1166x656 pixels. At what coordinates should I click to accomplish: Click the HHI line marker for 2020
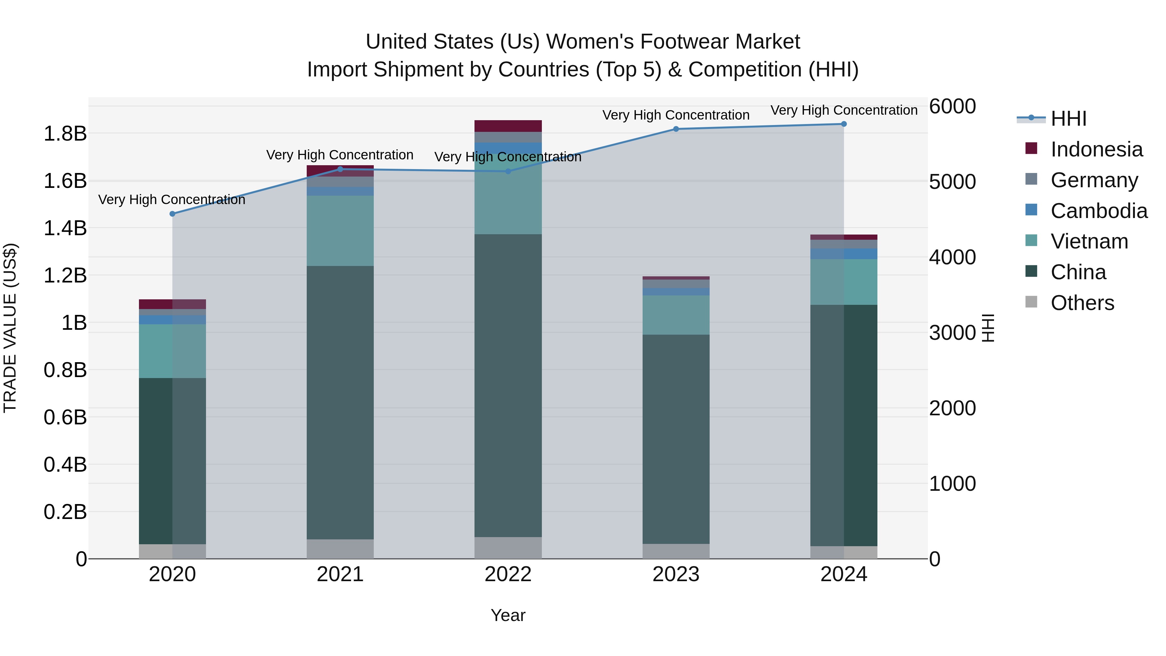pos(172,214)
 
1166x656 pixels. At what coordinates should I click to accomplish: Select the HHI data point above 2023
pos(676,129)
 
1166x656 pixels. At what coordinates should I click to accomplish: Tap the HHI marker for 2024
pos(844,124)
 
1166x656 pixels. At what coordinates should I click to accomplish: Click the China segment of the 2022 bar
pos(508,385)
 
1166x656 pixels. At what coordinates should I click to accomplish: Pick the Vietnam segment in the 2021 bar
pos(340,231)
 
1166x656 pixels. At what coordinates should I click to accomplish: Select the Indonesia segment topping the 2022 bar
pos(508,126)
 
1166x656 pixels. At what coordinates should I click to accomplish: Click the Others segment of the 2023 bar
pos(676,551)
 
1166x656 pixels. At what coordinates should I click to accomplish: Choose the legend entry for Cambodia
pos(1099,211)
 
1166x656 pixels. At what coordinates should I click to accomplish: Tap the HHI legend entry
pos(1068,119)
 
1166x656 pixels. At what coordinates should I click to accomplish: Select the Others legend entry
pos(1082,303)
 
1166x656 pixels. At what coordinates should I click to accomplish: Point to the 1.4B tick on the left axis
pos(65,228)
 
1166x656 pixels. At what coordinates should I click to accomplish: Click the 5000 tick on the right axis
pos(952,182)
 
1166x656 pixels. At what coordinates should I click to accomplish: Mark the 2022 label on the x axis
pos(508,574)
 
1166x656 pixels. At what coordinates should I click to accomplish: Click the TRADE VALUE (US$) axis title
pos(10,328)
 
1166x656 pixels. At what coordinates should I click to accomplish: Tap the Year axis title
pos(508,615)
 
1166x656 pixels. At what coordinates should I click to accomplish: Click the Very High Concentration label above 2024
pos(844,110)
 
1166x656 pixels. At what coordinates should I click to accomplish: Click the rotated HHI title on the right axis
pos(988,328)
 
